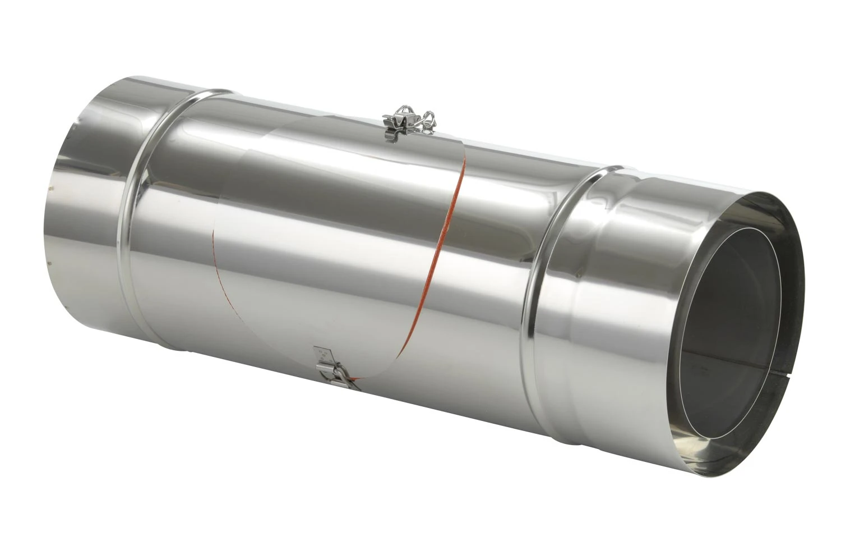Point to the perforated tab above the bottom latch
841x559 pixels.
click(323, 355)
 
